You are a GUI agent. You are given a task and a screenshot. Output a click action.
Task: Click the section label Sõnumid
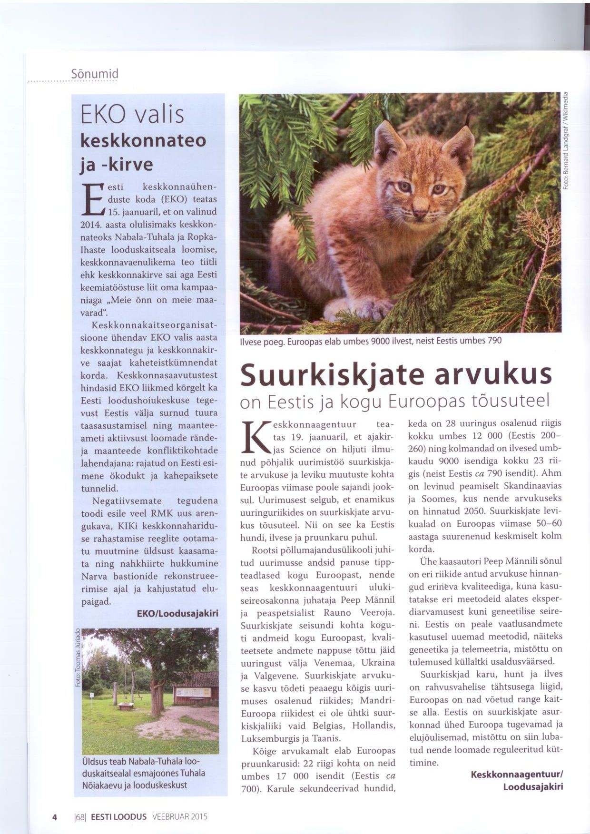coord(94,74)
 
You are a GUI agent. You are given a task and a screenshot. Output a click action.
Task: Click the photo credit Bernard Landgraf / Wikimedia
coord(566,140)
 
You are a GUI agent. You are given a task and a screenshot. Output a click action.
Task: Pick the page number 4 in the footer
coord(54,817)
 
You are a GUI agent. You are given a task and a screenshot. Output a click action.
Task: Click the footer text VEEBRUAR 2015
coord(180,817)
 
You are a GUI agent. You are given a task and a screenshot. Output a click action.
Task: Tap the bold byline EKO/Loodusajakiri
coord(177,614)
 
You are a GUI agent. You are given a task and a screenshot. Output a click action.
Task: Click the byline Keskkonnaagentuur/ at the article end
coord(517,775)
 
